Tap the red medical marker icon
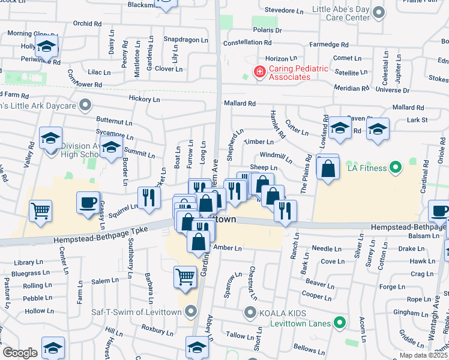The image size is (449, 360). pyautogui.click(x=260, y=73)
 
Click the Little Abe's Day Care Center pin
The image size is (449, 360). pyautogui.click(x=378, y=11)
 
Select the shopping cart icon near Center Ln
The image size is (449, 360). pyautogui.click(x=41, y=210)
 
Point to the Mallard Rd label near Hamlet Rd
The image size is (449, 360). pyautogui.click(x=240, y=103)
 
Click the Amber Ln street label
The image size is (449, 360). pyautogui.click(x=227, y=248)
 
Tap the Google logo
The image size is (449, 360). pyautogui.click(x=20, y=352)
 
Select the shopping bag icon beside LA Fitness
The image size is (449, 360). pyautogui.click(x=328, y=169)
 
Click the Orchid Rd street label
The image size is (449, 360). pyautogui.click(x=87, y=23)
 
